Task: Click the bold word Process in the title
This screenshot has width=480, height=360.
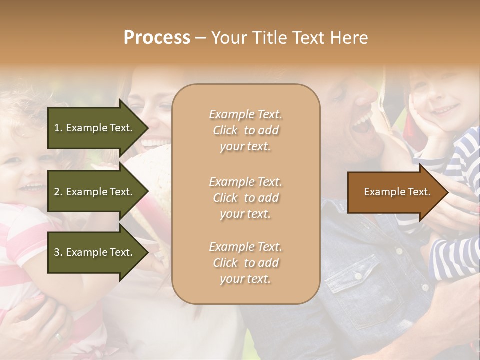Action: [157, 38]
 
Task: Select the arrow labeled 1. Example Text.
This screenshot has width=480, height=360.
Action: [94, 128]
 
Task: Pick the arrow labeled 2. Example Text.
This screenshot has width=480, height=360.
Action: [94, 192]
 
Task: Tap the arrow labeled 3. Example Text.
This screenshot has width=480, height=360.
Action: [94, 252]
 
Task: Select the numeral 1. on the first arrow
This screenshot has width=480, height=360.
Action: [58, 128]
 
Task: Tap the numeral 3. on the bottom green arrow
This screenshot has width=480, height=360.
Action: [58, 252]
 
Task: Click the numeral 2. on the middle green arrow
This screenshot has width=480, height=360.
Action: [58, 192]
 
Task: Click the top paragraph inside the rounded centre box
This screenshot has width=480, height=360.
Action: [245, 130]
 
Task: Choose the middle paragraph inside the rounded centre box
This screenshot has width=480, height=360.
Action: [245, 198]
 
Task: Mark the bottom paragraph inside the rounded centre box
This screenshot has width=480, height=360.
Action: [245, 263]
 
